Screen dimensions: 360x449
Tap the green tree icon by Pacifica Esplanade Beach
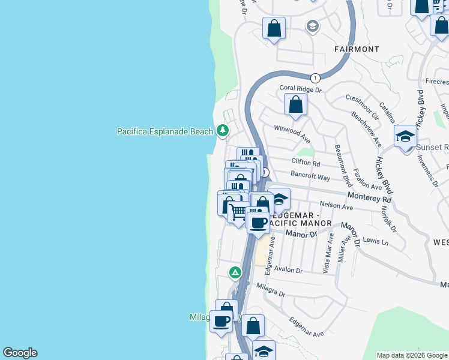point(223,130)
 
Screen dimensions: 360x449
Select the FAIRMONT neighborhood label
point(357,49)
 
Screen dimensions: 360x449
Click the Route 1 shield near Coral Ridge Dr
point(315,78)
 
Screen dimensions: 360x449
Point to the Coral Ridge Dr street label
point(301,89)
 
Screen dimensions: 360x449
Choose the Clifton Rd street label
point(306,163)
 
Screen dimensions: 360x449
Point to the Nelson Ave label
point(336,206)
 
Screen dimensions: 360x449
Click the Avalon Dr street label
point(288,270)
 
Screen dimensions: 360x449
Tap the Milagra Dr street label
point(270,295)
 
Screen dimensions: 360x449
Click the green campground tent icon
point(235,273)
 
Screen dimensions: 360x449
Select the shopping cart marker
point(239,212)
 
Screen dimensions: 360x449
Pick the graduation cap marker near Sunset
point(405,137)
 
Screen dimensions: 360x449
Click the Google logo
point(20,353)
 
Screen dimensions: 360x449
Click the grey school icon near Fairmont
point(312,26)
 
